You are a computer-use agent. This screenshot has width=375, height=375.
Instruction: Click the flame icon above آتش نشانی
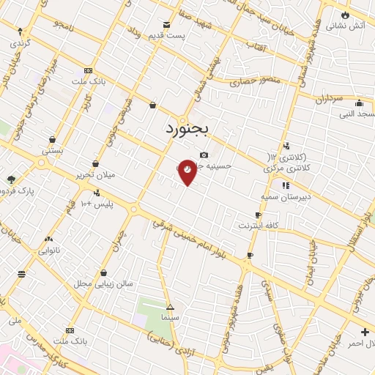point(345,14)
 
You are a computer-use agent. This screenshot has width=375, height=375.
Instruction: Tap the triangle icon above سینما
point(170,307)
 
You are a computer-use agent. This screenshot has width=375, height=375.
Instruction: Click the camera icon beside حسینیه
point(204,155)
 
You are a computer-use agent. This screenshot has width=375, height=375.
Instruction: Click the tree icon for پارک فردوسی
point(10,179)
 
